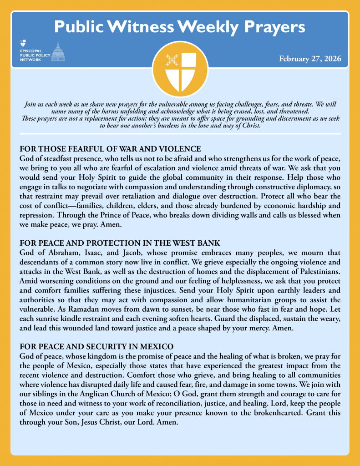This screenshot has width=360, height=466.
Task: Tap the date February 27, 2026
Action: pyautogui.click(x=310, y=59)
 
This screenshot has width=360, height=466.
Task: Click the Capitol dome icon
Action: pyautogui.click(x=58, y=51)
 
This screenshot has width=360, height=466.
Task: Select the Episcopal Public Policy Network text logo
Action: pyautogui.click(x=34, y=54)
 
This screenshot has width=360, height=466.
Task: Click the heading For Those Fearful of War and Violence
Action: pyautogui.click(x=110, y=149)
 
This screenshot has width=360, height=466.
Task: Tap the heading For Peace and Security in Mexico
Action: pyautogui.click(x=96, y=345)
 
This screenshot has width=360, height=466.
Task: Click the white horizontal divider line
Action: pyautogui.click(x=180, y=134)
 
